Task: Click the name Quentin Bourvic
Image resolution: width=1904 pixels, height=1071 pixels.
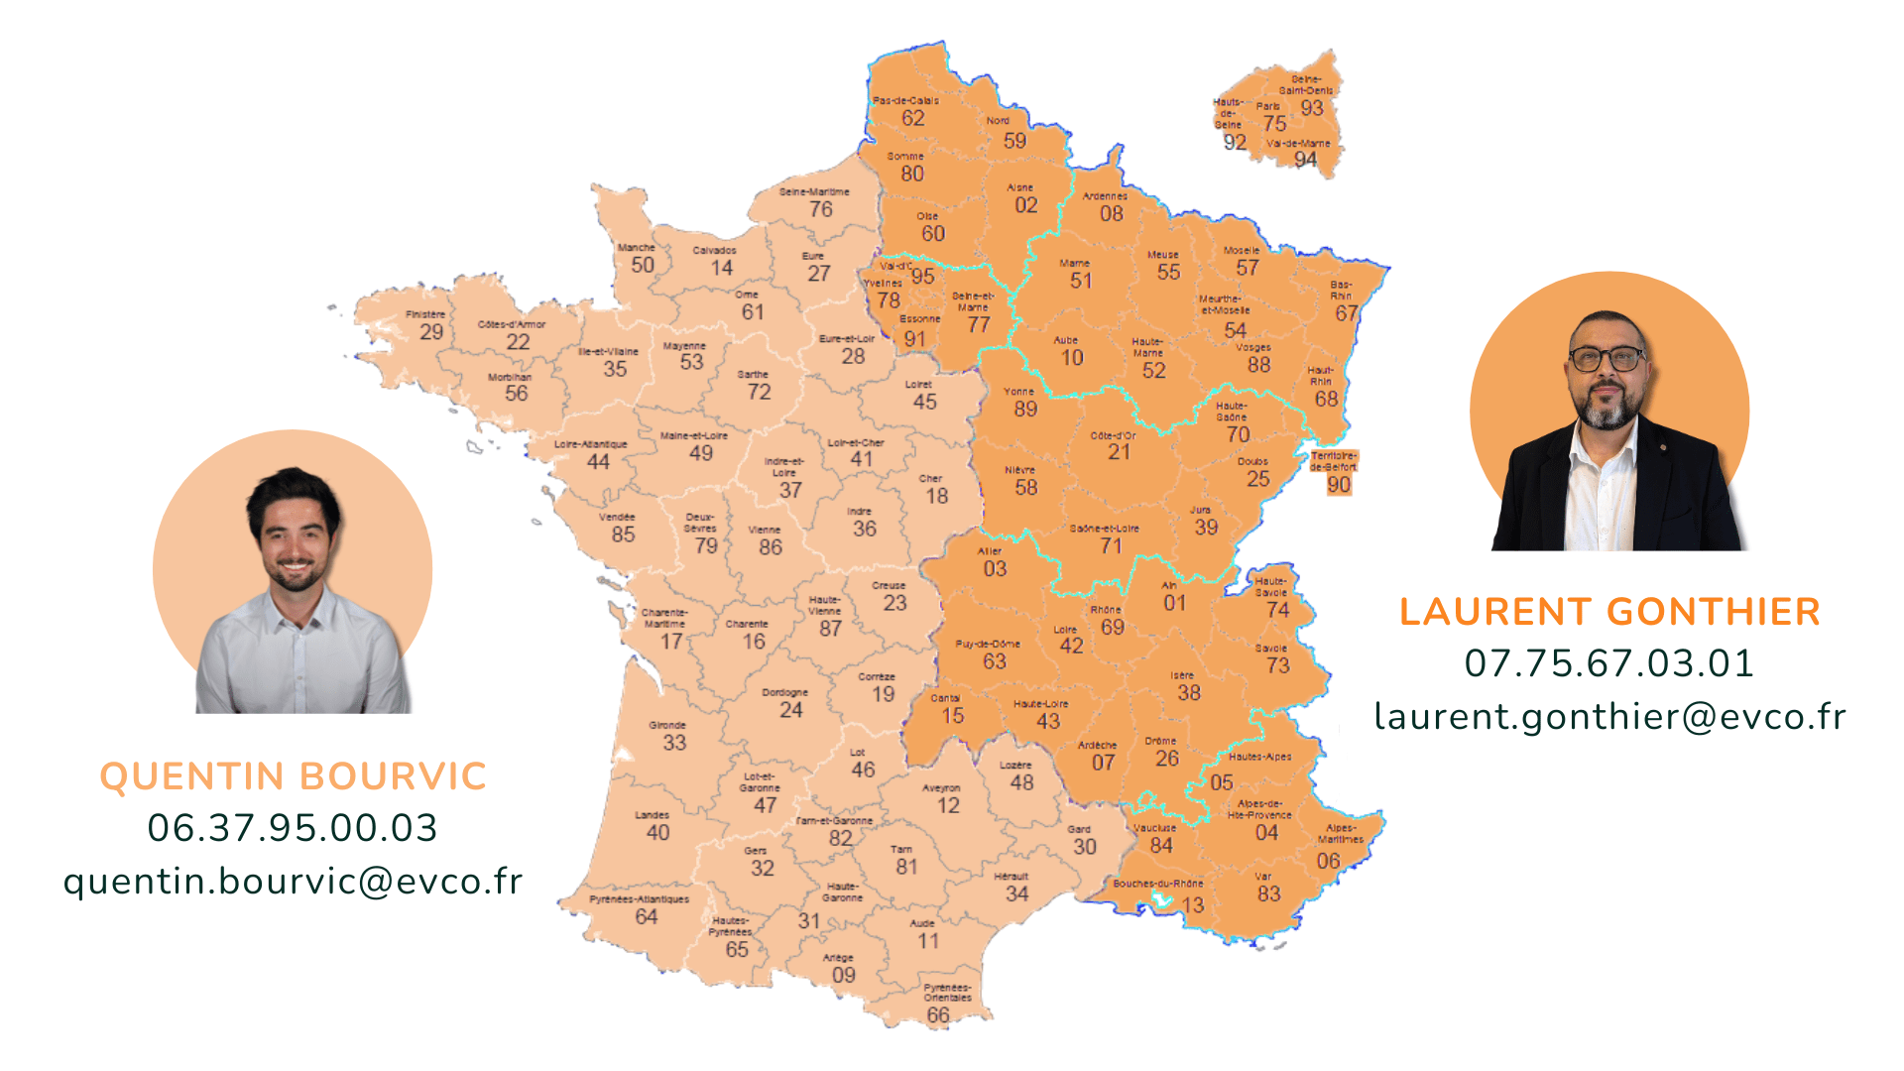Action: tap(294, 776)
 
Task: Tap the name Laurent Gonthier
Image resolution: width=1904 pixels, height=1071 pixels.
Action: tap(1609, 612)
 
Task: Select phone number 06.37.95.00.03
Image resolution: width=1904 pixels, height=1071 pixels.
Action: tap(293, 828)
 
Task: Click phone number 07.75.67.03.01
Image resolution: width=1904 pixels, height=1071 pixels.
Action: tap(1609, 663)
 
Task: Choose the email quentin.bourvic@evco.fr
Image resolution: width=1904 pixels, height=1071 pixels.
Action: tap(293, 881)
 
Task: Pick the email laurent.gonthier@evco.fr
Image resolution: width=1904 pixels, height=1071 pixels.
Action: tap(1609, 716)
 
